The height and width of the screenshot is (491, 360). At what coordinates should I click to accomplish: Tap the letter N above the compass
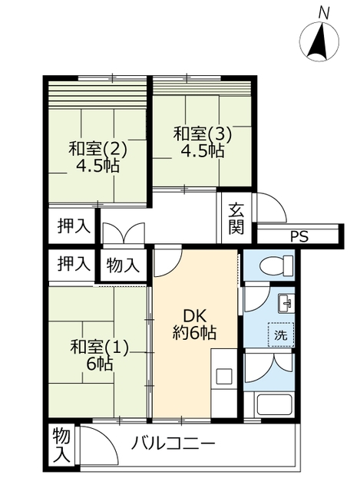click(323, 13)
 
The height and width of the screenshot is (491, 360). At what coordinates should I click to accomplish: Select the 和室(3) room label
click(203, 133)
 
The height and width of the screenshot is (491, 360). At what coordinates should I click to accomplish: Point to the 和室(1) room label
click(99, 348)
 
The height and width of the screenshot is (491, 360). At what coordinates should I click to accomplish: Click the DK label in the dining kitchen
click(194, 317)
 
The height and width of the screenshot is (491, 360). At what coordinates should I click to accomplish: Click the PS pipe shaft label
click(299, 236)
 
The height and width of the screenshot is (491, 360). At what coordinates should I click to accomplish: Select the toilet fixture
click(276, 265)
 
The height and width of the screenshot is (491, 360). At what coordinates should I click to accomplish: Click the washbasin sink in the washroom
click(286, 304)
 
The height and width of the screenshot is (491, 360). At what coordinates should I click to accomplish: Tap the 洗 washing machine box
click(281, 334)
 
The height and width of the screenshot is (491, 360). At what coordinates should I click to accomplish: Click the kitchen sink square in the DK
click(224, 376)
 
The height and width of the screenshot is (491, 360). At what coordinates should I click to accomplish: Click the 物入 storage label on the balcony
click(61, 445)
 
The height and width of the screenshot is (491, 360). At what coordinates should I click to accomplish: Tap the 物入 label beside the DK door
click(123, 265)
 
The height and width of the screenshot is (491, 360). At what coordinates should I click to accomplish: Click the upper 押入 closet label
click(74, 226)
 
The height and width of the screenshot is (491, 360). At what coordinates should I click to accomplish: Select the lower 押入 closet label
click(74, 263)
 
